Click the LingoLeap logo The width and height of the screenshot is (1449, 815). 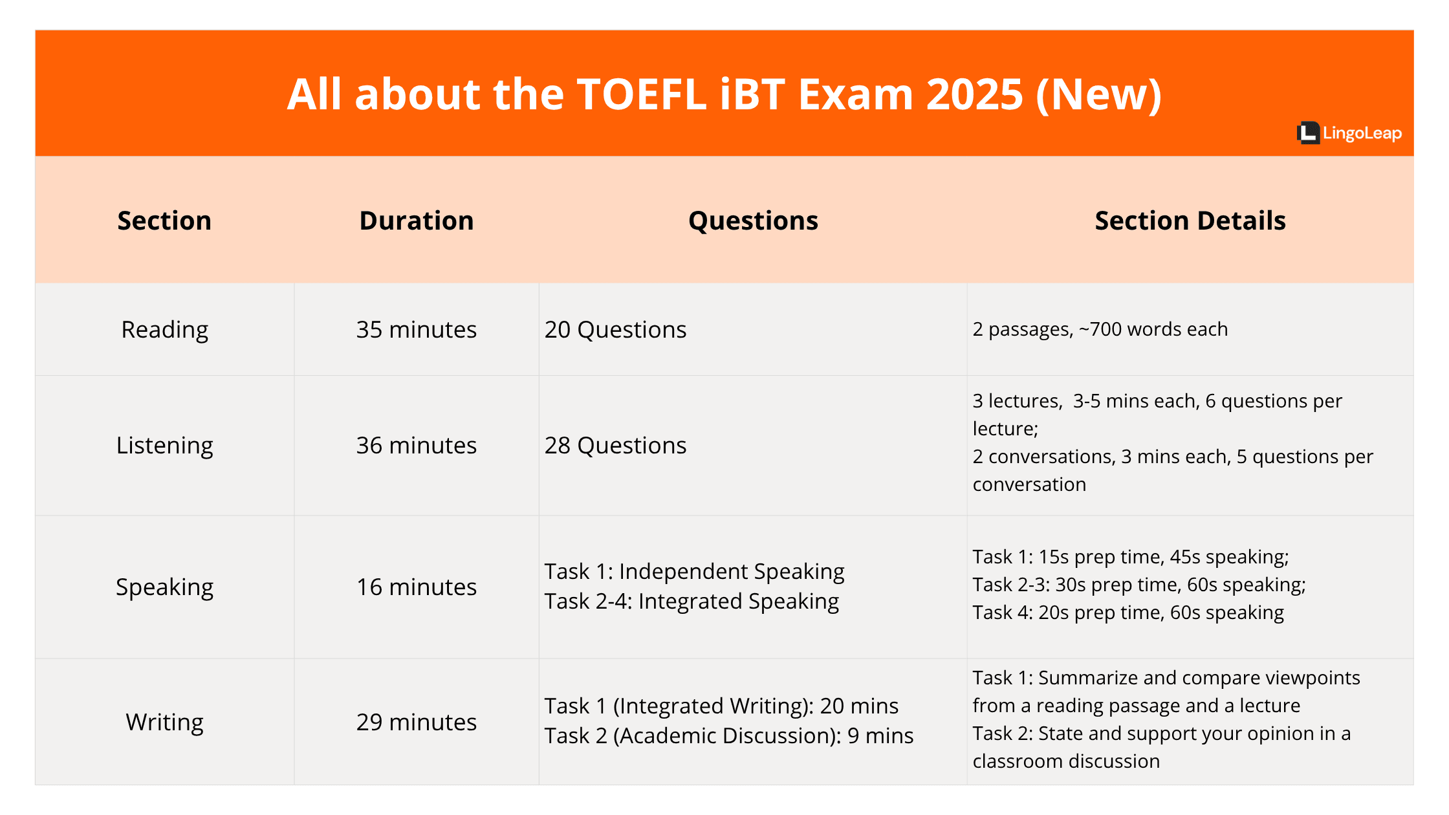[1349, 133]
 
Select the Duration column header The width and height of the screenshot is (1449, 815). [417, 221]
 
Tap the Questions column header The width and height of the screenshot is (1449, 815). [753, 221]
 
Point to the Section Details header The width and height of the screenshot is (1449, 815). [1190, 221]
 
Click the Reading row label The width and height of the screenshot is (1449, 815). [165, 330]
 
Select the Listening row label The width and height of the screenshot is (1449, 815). [165, 446]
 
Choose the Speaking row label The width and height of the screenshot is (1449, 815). [165, 587]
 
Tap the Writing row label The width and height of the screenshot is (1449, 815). [165, 722]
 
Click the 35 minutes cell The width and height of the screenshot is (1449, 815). [417, 330]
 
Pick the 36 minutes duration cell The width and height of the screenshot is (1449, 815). [417, 446]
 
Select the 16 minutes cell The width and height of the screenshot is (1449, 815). [417, 587]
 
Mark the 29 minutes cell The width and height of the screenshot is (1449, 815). [417, 722]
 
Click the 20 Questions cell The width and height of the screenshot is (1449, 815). [615, 330]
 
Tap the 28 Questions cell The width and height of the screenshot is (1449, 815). [615, 446]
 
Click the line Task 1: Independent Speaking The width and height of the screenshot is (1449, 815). [694, 572]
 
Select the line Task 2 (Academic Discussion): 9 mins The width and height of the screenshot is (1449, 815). [728, 736]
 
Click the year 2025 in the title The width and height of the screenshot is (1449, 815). [974, 94]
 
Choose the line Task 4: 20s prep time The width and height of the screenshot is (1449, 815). [1128, 613]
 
